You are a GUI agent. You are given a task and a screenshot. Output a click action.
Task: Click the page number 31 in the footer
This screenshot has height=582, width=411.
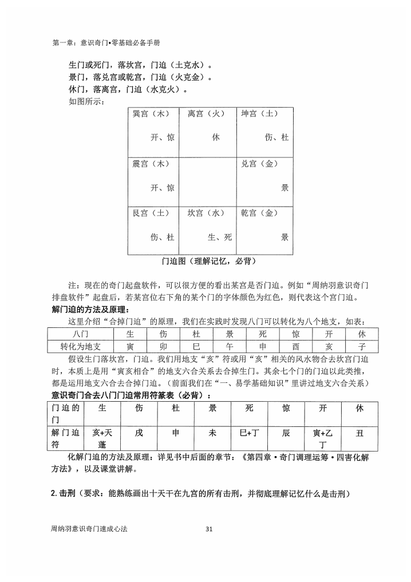tap(208, 529)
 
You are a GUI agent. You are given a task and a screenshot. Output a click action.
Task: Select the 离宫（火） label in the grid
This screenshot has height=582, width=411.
tap(206, 114)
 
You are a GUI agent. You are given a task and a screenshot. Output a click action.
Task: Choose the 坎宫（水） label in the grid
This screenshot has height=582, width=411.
tap(206, 213)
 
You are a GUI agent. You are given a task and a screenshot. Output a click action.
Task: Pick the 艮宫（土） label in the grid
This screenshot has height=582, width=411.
tap(151, 213)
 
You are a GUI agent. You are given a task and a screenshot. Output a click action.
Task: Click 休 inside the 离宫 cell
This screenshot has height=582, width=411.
tap(215, 138)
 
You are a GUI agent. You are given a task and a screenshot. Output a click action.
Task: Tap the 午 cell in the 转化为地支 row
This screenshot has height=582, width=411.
tap(229, 346)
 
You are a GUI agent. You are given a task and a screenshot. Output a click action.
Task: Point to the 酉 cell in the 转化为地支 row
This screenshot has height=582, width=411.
tap(295, 346)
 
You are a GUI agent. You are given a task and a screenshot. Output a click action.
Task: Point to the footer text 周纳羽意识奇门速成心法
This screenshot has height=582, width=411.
tap(89, 529)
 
